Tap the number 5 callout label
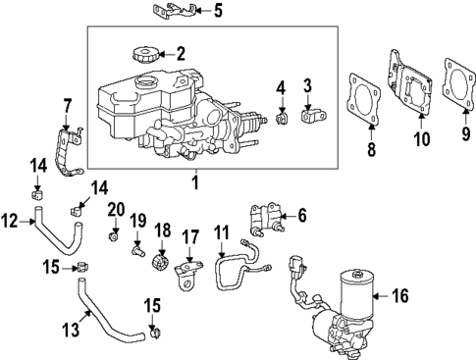(218, 12)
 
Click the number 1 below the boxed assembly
(194, 181)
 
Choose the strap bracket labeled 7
(71, 152)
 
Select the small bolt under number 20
(116, 235)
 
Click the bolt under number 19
(139, 251)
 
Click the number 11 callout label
(222, 233)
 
